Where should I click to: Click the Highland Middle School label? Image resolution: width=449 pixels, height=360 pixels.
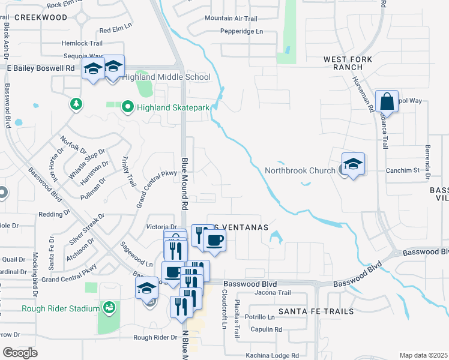tap(166, 77)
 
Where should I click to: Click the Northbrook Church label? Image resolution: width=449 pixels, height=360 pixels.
tap(300, 170)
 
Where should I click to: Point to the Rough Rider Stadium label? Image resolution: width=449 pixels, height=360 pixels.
tap(60, 309)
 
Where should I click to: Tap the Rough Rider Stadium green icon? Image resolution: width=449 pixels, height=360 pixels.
tap(109, 308)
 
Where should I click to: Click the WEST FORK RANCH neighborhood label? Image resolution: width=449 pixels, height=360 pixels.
tap(348, 64)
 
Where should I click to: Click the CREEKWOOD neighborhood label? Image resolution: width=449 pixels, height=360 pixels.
tap(40, 17)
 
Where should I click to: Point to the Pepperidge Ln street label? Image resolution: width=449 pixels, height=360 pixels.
tap(242, 31)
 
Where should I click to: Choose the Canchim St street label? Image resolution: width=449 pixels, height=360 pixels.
tap(402, 170)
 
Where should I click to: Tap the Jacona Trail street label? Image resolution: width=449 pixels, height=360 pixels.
tap(273, 293)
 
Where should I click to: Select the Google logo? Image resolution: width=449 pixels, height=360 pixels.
tap(20, 353)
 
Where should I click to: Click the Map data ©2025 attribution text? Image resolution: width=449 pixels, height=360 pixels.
tap(423, 355)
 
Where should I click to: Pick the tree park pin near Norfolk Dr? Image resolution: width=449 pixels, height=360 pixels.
tap(76, 104)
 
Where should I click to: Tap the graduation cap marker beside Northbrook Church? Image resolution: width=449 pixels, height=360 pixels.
tap(354, 163)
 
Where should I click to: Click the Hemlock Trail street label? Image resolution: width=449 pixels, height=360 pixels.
tap(82, 43)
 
